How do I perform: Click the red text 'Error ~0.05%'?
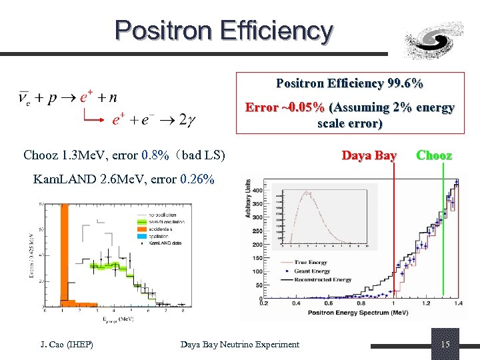285,107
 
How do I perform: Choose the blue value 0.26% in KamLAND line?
197,179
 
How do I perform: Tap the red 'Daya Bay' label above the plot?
369,155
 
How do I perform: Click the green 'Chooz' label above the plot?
434,155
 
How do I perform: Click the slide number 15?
445,344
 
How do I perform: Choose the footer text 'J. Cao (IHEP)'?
65,344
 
